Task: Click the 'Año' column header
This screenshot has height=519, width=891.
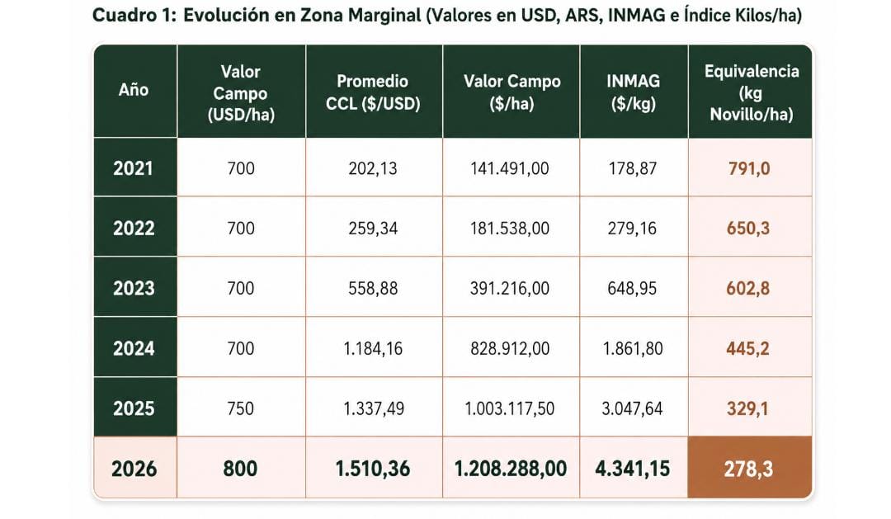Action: coord(134,90)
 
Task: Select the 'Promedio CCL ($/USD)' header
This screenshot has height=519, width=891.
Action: coord(373,92)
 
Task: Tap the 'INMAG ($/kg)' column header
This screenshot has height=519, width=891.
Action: coord(633,92)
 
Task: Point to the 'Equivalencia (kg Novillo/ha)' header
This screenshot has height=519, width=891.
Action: coord(752,92)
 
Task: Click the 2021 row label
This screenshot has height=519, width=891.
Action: coord(134,168)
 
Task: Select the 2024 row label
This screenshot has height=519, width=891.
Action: coord(134,348)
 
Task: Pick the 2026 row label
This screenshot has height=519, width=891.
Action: coord(134,469)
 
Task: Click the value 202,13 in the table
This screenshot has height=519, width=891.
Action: coord(373,168)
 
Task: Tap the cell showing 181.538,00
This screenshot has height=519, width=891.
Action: coord(510,228)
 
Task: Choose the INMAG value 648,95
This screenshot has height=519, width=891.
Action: coord(632,288)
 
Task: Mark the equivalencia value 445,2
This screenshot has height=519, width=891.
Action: coord(747,348)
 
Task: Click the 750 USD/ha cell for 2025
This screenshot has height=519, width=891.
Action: coord(240,408)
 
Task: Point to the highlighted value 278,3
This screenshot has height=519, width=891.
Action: coord(748,469)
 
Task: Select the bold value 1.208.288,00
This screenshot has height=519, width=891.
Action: coord(511,469)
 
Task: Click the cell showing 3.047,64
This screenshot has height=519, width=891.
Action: coord(632,408)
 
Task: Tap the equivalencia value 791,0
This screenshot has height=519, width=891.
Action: coord(749,168)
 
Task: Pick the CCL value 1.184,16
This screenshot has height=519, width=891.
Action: coord(373,348)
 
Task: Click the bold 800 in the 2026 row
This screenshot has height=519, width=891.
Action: coord(240,469)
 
